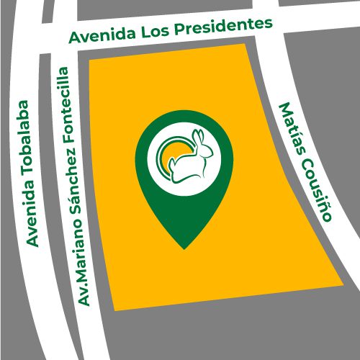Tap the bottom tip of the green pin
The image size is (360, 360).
click(x=185, y=248)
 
